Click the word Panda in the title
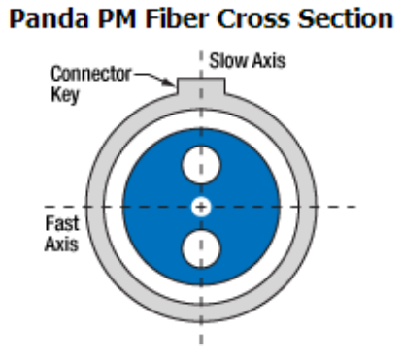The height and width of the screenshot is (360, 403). (x=49, y=18)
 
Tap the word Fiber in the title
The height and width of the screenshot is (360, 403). (x=177, y=18)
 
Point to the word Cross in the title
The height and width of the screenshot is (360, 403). (x=253, y=18)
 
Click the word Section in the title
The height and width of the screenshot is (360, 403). (x=346, y=18)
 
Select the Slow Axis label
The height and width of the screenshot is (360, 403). (x=248, y=61)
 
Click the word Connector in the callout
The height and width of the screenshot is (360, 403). (x=90, y=74)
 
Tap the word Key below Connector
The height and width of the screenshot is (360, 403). (x=65, y=95)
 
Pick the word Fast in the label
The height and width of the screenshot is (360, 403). (x=62, y=223)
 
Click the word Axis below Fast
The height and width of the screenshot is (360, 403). (x=61, y=244)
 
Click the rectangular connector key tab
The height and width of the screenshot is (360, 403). (x=201, y=86)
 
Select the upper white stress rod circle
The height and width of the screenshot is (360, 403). (x=201, y=165)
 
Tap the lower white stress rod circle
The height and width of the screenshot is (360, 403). (x=201, y=248)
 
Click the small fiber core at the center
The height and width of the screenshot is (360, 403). (x=201, y=207)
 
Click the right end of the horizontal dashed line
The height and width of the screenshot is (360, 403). (x=356, y=207)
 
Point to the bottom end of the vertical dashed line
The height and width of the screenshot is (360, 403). (x=201, y=344)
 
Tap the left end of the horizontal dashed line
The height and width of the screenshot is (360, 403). (x=45, y=207)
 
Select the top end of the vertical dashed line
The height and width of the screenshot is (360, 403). (x=201, y=51)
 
